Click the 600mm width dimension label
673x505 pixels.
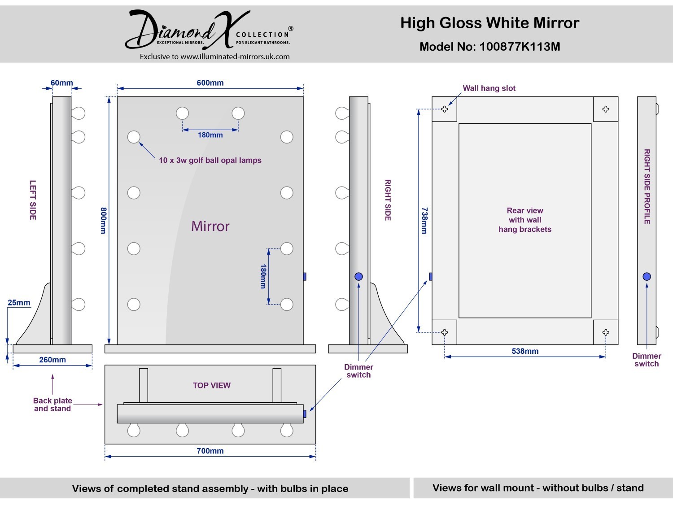(x=210, y=83)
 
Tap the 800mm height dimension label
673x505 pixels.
(x=104, y=221)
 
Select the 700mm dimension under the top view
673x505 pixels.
(x=210, y=451)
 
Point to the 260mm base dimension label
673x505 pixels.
(x=52, y=360)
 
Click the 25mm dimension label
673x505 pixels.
(x=19, y=302)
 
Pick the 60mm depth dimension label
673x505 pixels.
(x=61, y=83)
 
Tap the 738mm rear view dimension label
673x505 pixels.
(x=424, y=221)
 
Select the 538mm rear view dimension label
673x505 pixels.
(x=525, y=351)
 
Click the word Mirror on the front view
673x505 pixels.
(x=210, y=226)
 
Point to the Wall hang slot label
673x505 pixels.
(x=489, y=88)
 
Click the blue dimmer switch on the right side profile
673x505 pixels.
(x=647, y=277)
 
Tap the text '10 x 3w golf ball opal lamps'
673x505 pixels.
(x=210, y=160)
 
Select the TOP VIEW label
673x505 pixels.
(x=212, y=385)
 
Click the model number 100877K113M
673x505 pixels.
(x=520, y=47)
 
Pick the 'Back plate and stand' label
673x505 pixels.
(x=52, y=405)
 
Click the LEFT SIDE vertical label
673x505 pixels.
(x=33, y=200)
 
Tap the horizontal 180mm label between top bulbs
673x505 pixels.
(x=210, y=135)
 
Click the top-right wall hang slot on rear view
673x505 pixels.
(x=606, y=109)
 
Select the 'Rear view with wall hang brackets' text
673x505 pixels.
(x=525, y=220)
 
